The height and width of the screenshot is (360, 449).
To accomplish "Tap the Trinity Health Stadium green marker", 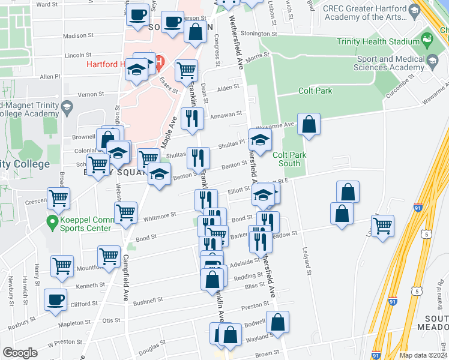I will point(427,40).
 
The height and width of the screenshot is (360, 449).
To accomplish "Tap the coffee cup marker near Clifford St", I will point(56,299).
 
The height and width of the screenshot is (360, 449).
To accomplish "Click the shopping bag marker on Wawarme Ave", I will point(309,125).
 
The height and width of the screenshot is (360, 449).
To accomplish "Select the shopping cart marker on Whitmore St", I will point(125,212).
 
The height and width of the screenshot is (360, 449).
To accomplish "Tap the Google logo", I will point(20,353).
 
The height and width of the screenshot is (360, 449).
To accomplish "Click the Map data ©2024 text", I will point(423,355).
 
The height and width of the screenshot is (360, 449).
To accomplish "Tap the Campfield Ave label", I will point(127,280).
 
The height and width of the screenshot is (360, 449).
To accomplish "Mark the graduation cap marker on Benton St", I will point(159,175).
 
